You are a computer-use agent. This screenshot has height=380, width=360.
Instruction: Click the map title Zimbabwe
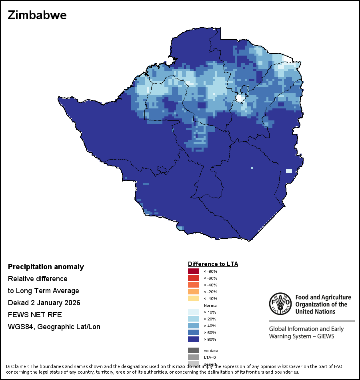(x=37, y=16)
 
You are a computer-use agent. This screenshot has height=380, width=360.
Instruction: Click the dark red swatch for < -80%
(x=194, y=272)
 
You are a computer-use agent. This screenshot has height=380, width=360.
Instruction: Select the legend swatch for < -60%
(x=194, y=278)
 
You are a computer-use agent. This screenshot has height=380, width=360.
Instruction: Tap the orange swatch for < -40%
(x=194, y=285)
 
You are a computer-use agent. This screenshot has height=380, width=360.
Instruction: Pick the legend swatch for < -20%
(x=194, y=292)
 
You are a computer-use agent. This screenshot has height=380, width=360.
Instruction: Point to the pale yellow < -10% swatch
(x=194, y=298)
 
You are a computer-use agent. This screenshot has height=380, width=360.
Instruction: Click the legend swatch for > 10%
(x=194, y=312)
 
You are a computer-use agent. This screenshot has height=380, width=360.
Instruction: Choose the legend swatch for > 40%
(x=194, y=326)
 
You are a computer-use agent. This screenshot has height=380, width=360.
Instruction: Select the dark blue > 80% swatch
(x=194, y=339)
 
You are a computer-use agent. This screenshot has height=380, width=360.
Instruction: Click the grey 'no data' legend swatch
(x=194, y=350)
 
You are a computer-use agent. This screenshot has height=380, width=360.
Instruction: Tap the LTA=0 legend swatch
(x=194, y=357)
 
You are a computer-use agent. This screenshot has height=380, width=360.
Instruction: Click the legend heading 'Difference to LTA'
(x=213, y=264)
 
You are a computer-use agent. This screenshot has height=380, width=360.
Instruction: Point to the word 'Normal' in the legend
(x=210, y=305)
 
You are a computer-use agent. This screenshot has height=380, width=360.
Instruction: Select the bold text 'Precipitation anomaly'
(x=46, y=267)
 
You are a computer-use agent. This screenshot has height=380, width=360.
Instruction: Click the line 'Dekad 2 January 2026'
(x=44, y=303)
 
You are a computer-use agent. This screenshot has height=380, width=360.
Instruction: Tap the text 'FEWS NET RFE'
(x=35, y=315)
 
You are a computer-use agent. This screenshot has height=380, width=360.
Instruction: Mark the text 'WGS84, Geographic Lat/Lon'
(x=54, y=327)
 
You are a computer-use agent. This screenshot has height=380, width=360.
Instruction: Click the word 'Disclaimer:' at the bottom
(x=17, y=366)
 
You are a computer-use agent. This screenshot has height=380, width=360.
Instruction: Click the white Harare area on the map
(x=240, y=98)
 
